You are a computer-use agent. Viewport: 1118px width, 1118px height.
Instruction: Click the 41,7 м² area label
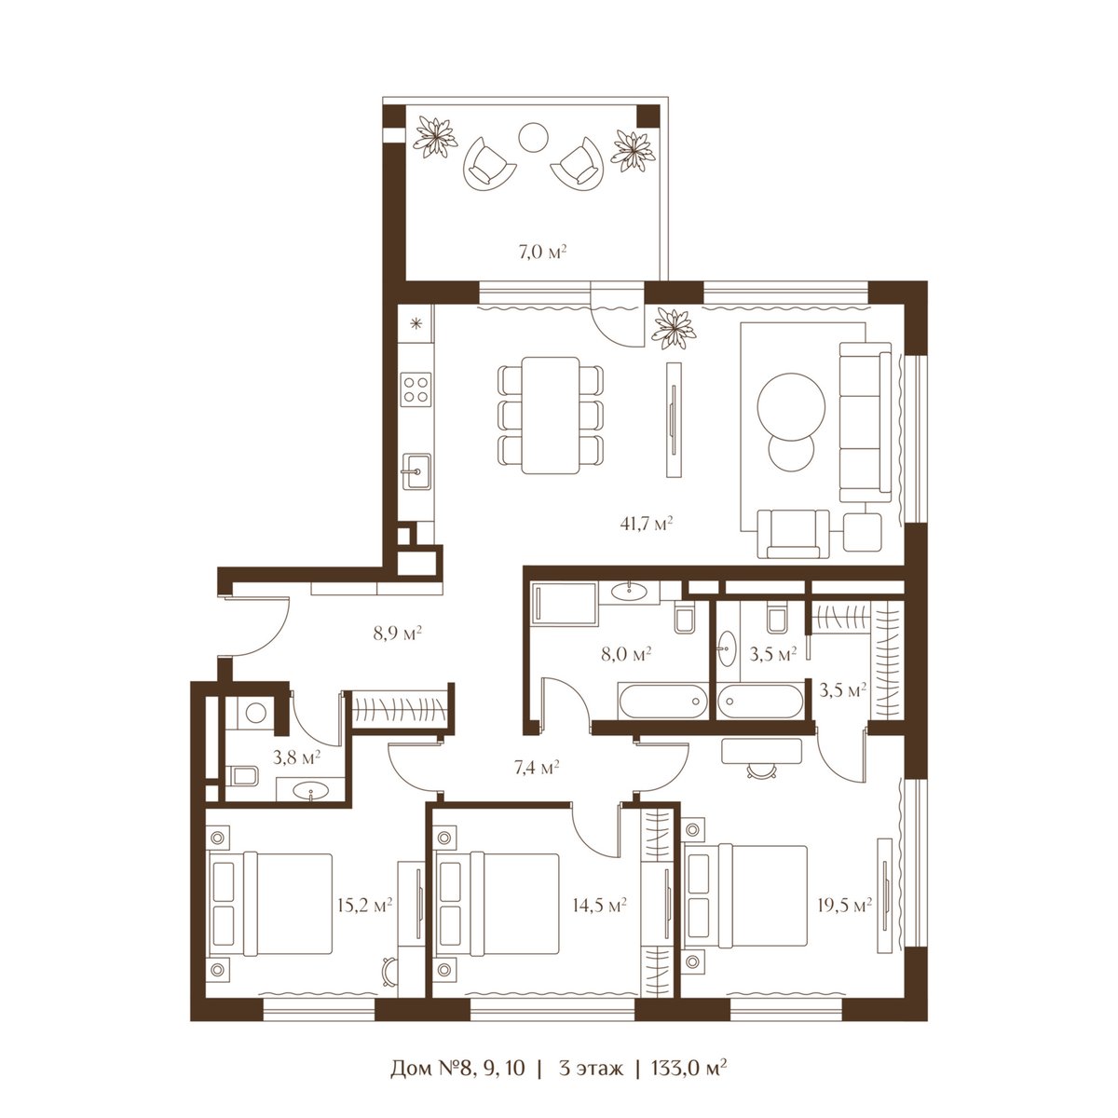click(x=646, y=524)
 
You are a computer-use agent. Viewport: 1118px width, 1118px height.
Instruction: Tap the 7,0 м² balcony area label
click(x=542, y=252)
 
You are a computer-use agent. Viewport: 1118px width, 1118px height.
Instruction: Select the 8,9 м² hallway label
click(x=397, y=633)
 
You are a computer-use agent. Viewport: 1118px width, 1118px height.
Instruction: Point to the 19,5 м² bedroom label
click(x=845, y=905)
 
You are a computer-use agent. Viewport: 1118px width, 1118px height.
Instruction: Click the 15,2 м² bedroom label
click(x=365, y=905)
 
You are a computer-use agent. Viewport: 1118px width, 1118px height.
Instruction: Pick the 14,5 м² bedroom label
click(x=599, y=905)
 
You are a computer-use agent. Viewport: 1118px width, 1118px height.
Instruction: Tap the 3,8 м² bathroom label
click(x=297, y=757)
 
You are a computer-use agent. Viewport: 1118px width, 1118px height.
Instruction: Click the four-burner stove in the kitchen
click(x=416, y=389)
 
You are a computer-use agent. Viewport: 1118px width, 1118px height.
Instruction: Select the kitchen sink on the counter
click(x=416, y=471)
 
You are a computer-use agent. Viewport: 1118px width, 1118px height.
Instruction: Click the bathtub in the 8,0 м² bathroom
click(x=663, y=702)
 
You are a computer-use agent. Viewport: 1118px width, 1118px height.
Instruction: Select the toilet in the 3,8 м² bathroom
click(x=242, y=775)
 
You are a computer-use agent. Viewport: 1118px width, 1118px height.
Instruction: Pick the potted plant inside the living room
click(x=674, y=329)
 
